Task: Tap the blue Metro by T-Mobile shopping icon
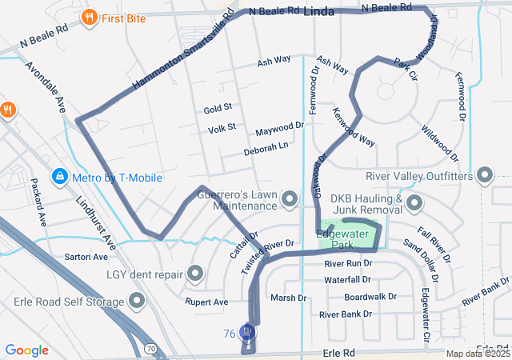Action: tap(59, 176)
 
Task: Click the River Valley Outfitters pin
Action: tap(485, 175)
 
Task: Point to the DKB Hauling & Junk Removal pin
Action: tap(414, 205)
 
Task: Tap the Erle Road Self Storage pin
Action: tap(138, 302)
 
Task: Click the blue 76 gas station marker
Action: tap(248, 330)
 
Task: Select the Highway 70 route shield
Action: tap(150, 348)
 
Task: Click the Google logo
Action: tap(27, 350)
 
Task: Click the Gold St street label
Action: tap(217, 107)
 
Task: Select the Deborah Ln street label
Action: tap(266, 149)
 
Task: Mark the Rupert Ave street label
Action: tap(206, 302)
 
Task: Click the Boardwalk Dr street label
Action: tap(370, 297)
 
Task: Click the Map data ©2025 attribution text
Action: tap(478, 354)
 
